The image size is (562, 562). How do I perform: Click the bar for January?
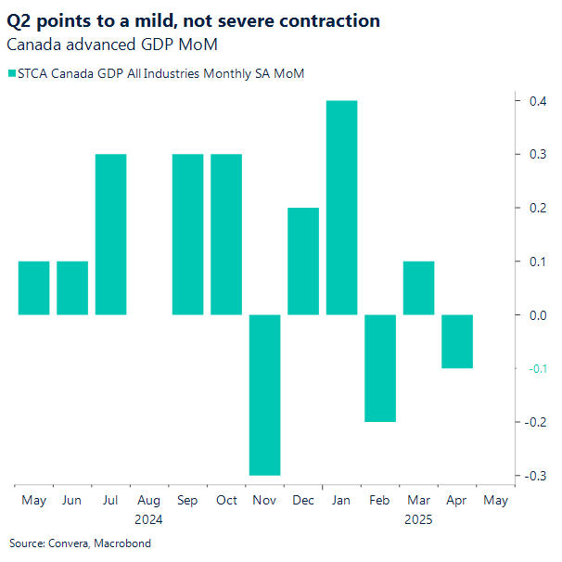point(341,208)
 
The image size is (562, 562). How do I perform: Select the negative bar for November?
point(264,395)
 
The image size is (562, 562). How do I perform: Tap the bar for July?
point(110,235)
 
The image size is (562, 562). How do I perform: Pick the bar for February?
point(380,368)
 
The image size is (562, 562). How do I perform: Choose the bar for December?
point(303,262)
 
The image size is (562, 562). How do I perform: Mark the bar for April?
point(457,341)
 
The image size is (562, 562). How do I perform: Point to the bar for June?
point(72,288)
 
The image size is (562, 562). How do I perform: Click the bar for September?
point(187,235)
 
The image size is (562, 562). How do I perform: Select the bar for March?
point(418,288)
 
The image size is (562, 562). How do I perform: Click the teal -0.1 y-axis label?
point(537,369)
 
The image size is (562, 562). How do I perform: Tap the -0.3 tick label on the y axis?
point(537,476)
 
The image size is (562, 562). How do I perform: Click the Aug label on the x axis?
point(148,501)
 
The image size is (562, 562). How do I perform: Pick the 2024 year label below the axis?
point(148,519)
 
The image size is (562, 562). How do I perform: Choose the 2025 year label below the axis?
point(418,519)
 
